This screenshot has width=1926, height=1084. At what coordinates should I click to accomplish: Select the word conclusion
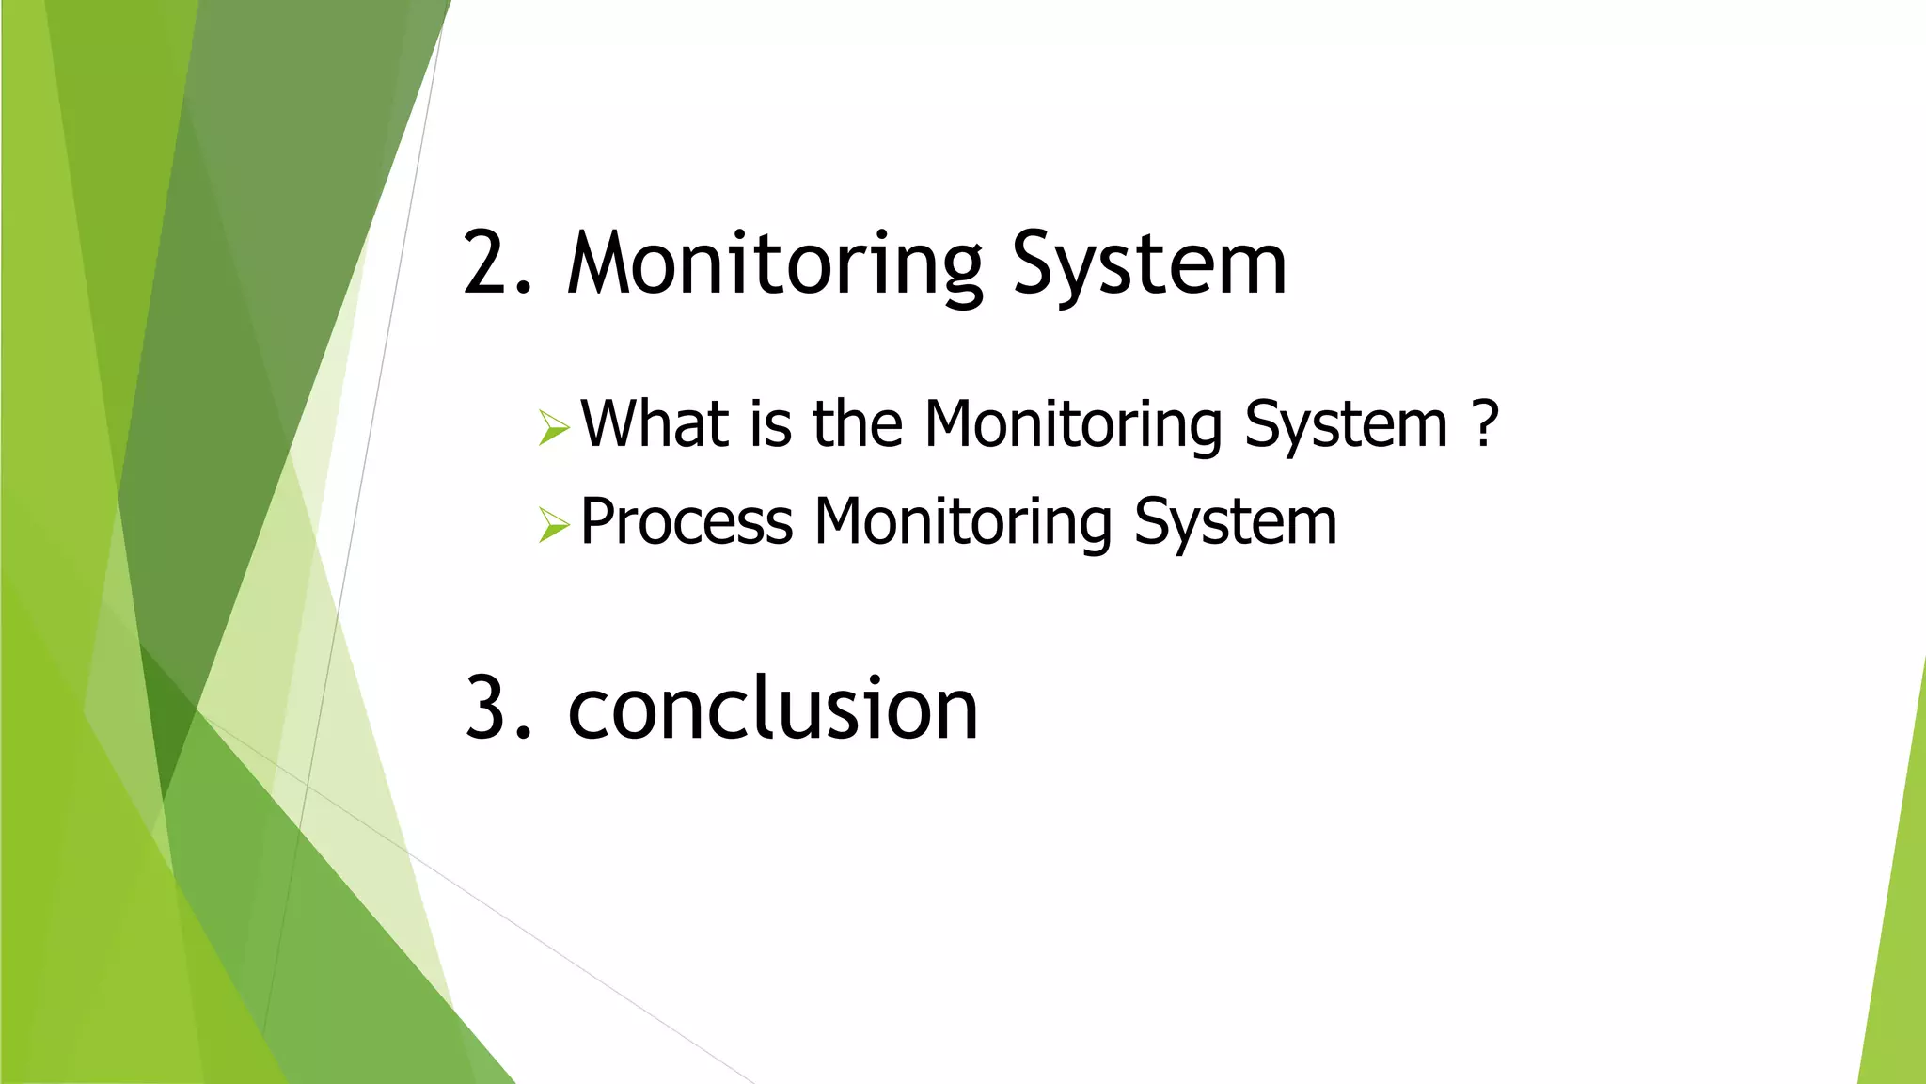click(x=773, y=709)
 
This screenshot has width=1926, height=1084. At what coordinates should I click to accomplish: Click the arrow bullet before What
click(x=554, y=428)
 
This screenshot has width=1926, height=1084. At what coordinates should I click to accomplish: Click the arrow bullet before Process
click(x=554, y=525)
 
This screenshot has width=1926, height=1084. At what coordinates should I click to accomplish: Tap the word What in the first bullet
click(x=655, y=424)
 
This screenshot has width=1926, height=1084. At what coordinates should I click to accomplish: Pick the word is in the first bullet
click(x=770, y=424)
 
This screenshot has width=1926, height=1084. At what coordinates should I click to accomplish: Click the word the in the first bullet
click(x=858, y=424)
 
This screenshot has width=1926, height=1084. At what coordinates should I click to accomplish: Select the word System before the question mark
click(x=1346, y=424)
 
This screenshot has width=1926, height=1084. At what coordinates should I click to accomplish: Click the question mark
click(x=1484, y=424)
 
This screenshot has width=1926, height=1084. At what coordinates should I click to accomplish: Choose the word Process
click(x=687, y=522)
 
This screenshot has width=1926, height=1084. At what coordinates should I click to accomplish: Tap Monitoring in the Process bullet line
click(x=963, y=522)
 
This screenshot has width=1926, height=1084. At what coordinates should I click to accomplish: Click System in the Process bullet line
click(x=1235, y=522)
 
